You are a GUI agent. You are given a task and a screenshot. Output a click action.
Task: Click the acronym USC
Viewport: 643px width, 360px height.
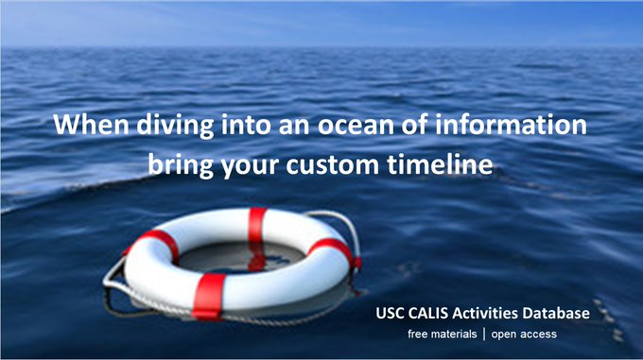click(x=391, y=313)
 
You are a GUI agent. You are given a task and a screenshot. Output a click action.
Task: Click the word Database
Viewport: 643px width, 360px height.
click(x=564, y=313)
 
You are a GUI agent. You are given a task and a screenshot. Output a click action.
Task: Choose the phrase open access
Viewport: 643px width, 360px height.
click(x=524, y=334)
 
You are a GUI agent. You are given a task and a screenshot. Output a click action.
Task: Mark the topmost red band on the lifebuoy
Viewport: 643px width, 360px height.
click(x=257, y=223)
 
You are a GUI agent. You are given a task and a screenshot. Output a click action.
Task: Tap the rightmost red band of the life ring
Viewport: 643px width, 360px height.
click(x=333, y=250)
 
